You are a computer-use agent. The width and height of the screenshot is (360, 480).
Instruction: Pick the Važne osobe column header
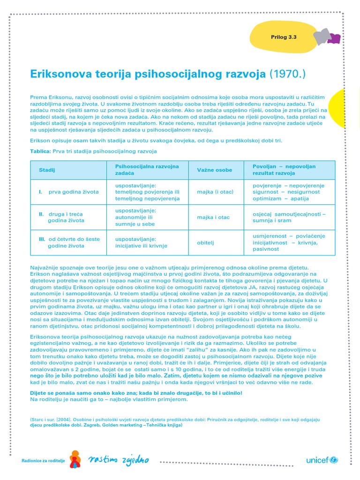point(214,170)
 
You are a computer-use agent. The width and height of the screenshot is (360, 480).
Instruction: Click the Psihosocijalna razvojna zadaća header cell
point(147,170)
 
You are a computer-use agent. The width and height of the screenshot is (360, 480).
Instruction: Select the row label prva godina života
point(69,192)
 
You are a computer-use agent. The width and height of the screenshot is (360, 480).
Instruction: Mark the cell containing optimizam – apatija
point(280,198)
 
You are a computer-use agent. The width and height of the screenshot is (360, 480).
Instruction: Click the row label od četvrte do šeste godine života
point(69,242)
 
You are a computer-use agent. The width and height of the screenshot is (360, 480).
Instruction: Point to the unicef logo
point(322,460)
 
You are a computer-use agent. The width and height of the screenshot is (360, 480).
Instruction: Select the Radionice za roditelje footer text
point(43,461)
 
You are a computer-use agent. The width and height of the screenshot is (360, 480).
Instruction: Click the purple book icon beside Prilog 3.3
point(334,38)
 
